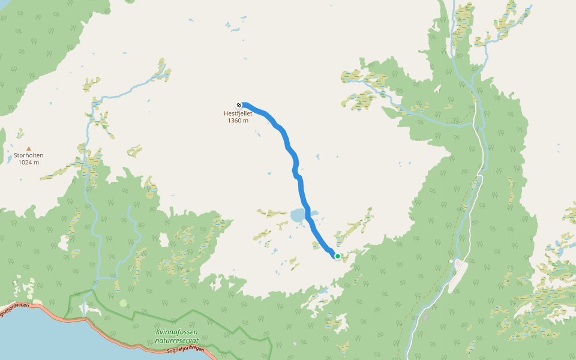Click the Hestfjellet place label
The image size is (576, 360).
pos(238,113)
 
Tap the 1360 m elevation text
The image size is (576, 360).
pos(238,120)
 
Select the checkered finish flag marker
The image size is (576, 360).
pos(239,105)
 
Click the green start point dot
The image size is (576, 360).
pos(337,256)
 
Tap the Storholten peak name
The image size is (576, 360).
pos(29,155)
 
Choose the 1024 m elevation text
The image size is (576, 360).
pos(29,163)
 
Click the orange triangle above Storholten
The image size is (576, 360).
pos(28,148)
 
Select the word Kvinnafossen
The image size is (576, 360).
pos(176,332)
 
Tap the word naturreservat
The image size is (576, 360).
pos(176,340)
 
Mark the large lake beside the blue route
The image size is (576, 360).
pos(298,215)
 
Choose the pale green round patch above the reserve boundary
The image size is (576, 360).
pos(124,304)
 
